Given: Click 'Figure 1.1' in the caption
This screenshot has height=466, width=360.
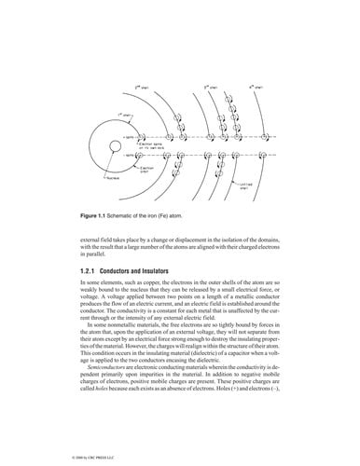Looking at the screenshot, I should [x=97, y=217].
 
